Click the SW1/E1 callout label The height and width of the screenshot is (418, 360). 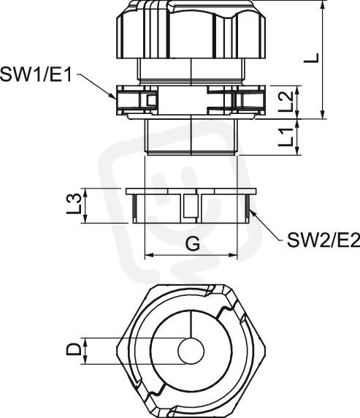pos(37,75)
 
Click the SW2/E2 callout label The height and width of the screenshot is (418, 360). pos(323,240)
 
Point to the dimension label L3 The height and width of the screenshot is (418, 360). pos(74,205)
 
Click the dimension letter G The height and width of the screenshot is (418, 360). pos(192,243)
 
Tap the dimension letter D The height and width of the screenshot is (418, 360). pos(74,350)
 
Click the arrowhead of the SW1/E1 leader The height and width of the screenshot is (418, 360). pos(113,96)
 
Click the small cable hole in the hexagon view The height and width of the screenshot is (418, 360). pos(191,351)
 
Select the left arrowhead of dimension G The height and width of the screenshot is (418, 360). pos(149,255)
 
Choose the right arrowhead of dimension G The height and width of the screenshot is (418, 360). pos(233,255)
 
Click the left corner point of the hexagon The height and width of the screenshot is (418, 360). pos(117,348)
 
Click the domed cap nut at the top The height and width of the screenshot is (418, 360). pos(191,29)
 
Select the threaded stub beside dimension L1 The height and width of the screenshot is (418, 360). pos(191,137)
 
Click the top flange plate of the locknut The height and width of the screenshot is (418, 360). pos(191,191)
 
